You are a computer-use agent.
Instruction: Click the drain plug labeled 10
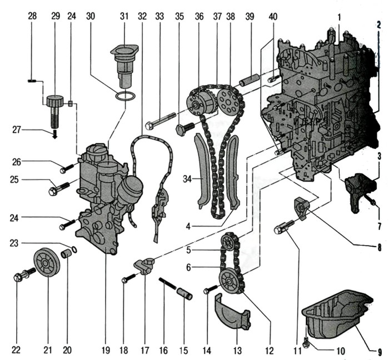pyautogui.click(x=308, y=339)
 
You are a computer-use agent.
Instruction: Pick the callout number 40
pyautogui.click(x=272, y=17)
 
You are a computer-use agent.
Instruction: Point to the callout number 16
pyautogui.click(x=163, y=351)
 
